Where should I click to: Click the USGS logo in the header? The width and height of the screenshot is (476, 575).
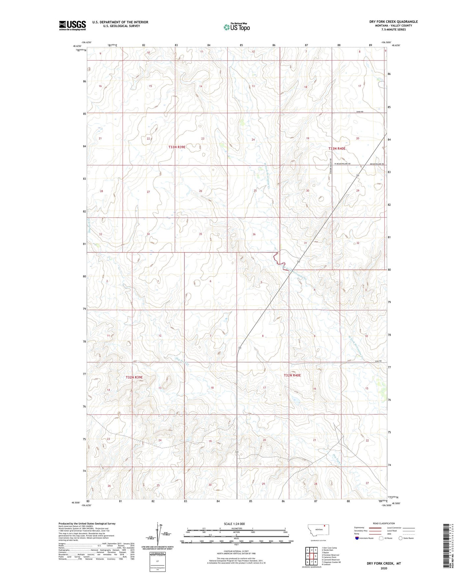72,25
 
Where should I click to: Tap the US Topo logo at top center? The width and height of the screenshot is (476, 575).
236,27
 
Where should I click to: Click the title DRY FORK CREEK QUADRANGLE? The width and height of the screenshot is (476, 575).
393,22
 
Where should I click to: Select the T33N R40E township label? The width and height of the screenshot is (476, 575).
337,149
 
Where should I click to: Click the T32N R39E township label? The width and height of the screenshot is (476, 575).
134,377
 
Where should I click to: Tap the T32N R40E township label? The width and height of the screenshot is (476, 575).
293,375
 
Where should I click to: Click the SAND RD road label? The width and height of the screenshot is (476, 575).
360,112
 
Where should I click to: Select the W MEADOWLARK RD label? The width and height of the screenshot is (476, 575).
342,164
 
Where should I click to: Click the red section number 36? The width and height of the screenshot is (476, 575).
254,234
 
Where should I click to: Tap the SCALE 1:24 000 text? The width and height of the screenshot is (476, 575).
234,524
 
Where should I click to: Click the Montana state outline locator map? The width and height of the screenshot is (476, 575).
318,530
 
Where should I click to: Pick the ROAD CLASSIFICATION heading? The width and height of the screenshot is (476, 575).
384,523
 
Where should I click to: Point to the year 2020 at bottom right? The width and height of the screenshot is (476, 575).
384,568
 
